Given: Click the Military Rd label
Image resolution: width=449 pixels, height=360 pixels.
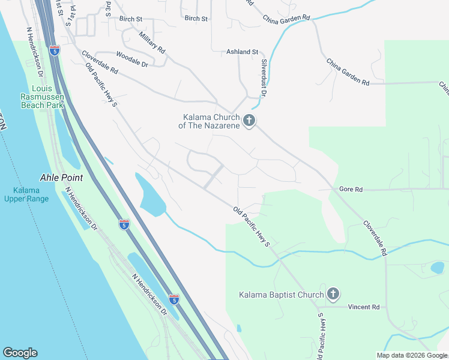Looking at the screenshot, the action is [152, 43].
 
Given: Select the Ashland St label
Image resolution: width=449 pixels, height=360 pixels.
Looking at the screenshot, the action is [242, 52].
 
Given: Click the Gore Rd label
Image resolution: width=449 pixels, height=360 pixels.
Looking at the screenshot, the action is [351, 189].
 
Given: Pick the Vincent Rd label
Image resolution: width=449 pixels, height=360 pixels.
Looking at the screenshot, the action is [367, 307].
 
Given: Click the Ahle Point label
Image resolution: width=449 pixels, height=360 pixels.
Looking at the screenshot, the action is [61, 178].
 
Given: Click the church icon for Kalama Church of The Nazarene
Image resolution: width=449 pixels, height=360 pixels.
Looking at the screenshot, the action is [249, 121].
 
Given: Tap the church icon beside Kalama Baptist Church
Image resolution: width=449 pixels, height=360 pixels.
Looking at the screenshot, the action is [333, 294].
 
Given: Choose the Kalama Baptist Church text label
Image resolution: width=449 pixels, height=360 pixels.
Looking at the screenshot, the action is [281, 295].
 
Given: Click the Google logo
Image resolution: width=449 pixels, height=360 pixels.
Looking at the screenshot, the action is [20, 353].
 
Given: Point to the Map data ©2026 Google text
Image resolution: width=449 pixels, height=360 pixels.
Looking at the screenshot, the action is [412, 355].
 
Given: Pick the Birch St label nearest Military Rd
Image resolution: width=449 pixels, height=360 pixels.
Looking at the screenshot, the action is [130, 19].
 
